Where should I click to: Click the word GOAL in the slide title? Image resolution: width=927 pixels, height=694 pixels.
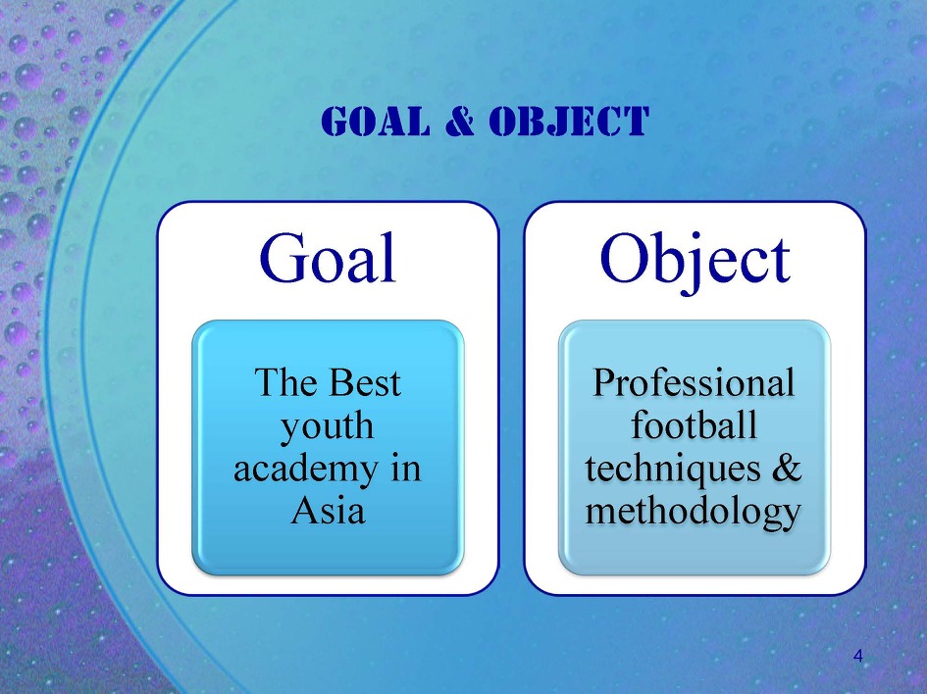(376, 122)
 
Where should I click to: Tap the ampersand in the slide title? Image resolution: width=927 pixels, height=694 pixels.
(460, 122)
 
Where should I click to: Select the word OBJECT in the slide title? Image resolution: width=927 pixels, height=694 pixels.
(569, 122)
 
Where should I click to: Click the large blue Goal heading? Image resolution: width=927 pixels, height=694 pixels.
(327, 258)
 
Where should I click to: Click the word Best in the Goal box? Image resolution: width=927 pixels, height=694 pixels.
(364, 382)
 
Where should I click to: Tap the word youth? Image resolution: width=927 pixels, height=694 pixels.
(327, 426)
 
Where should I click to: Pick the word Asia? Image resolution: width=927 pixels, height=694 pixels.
(328, 510)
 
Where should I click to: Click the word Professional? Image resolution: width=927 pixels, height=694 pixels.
(694, 382)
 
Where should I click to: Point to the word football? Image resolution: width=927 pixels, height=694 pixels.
(695, 424)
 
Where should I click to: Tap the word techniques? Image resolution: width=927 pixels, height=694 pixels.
(673, 470)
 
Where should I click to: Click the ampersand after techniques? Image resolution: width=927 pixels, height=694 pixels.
(787, 468)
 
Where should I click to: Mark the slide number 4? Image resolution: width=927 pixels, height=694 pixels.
(858, 656)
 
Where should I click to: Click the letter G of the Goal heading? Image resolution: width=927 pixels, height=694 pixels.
(281, 258)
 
